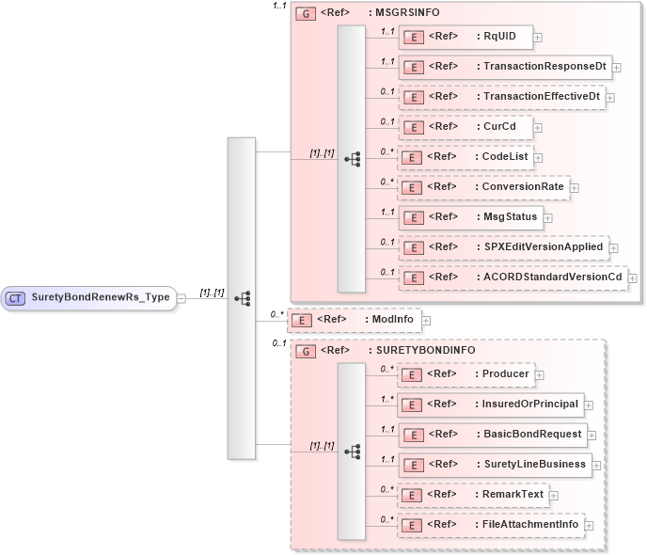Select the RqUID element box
[x=465, y=38]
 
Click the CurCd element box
[x=465, y=126]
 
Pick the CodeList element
[x=465, y=156]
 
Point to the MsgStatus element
[x=469, y=217]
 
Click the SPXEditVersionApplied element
[x=503, y=247]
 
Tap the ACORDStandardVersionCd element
[x=512, y=277]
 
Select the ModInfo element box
[x=354, y=320]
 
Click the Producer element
[x=466, y=374]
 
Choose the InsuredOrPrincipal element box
[x=489, y=404]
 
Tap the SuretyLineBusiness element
[x=494, y=464]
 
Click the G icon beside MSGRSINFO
[x=305, y=14]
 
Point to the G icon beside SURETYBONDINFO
[x=305, y=351]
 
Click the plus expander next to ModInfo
[x=426, y=321]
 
